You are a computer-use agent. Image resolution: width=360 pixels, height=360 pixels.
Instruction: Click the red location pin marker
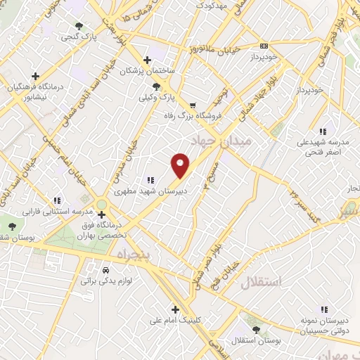[x=181, y=165]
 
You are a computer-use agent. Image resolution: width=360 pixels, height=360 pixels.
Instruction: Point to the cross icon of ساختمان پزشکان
[x=146, y=60]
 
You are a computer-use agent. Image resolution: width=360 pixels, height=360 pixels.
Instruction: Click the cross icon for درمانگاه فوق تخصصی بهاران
[x=101, y=214]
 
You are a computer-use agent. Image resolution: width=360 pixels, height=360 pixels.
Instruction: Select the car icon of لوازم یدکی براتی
[x=105, y=269]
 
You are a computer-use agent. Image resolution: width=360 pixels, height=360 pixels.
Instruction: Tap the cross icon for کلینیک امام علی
[x=175, y=309]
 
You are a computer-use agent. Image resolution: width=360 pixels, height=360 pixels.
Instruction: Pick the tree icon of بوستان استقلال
[x=254, y=328]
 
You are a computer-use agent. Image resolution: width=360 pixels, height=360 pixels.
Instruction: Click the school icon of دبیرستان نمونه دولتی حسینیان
[x=324, y=309]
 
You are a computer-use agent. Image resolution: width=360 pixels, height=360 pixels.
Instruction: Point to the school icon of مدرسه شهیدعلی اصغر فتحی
[x=323, y=131]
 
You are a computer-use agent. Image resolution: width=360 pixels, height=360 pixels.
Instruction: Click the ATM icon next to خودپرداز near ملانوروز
[x=264, y=44]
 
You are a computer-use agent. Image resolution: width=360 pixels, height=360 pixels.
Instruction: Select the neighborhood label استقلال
[x=261, y=283]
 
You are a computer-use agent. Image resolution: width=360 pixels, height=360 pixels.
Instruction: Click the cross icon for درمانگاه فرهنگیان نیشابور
[x=35, y=75]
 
